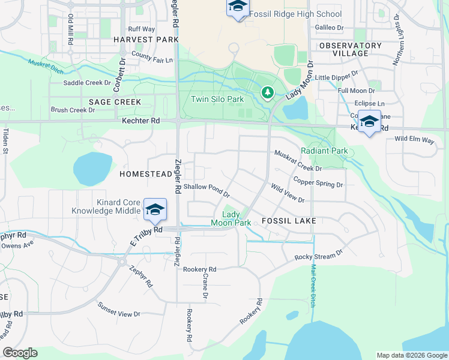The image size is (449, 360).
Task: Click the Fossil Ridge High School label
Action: [x=295, y=14]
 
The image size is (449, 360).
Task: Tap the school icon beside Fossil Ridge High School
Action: [x=237, y=7]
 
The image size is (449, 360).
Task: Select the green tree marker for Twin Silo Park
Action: [x=268, y=93]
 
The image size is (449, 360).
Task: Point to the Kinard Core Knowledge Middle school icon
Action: [x=155, y=209]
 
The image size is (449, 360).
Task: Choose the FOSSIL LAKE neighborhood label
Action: [x=289, y=221]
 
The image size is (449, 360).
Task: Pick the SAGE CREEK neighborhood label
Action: [x=115, y=102]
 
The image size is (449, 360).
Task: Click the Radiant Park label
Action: [x=324, y=151]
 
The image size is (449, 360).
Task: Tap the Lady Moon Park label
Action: [x=231, y=218]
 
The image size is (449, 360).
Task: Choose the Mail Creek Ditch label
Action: [x=313, y=284]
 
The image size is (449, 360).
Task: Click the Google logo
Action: [x=20, y=353]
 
